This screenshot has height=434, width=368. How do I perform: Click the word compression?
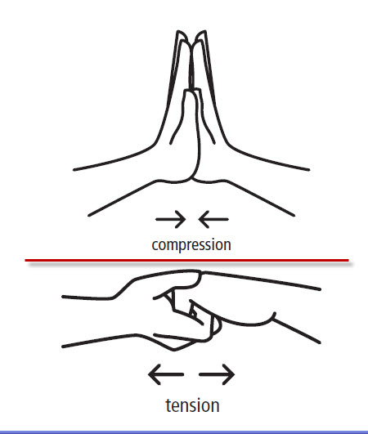tap(191, 245)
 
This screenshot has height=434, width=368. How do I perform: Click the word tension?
tap(192, 405)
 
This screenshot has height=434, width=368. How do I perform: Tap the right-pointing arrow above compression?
tap(170, 219)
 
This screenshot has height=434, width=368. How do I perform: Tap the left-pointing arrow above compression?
tap(213, 219)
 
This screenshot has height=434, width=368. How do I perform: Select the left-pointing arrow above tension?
tap(165, 374)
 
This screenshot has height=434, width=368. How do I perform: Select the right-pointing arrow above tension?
tap(217, 374)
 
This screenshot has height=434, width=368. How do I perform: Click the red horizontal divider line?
tap(187, 260)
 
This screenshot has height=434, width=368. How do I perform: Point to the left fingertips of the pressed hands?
tap(180, 34)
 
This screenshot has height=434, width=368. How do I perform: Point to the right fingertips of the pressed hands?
tap(202, 34)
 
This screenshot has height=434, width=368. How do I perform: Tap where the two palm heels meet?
tap(193, 179)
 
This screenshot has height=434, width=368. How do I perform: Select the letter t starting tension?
tap(169, 406)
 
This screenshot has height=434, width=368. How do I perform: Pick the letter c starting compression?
tap(155, 245)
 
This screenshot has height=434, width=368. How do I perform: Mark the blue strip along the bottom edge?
tap(184, 432)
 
